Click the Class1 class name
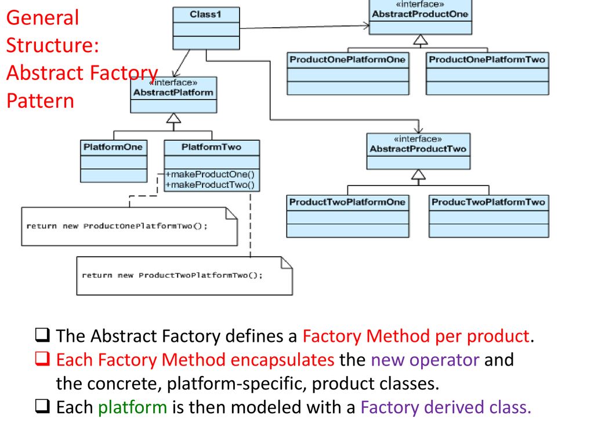click(x=205, y=14)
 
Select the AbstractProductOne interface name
click(x=420, y=14)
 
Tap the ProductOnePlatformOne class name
click(x=347, y=60)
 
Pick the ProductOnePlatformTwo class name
click(x=487, y=60)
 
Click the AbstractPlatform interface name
click(x=173, y=92)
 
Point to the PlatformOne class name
click(x=113, y=147)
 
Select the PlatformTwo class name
click(x=211, y=147)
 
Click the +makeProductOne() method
click(x=210, y=174)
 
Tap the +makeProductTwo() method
click(x=210, y=185)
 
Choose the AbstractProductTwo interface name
click(x=418, y=149)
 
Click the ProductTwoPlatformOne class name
click(x=347, y=202)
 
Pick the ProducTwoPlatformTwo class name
click(x=488, y=202)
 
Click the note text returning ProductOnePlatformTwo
click(x=117, y=227)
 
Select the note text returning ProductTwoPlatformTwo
click(x=172, y=275)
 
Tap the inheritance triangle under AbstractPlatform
click(x=173, y=118)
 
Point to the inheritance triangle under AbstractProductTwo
click(x=418, y=174)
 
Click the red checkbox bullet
click(x=42, y=359)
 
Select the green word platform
click(x=133, y=408)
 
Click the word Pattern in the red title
click(x=40, y=101)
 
